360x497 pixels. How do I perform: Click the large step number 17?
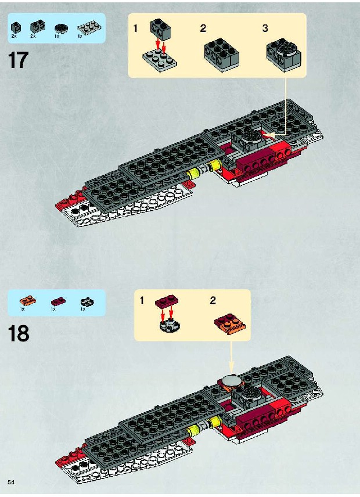pyautogui.click(x=18, y=60)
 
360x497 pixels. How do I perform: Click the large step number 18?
pyautogui.click(x=19, y=333)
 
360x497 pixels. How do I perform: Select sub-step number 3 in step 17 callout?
pyautogui.click(x=265, y=28)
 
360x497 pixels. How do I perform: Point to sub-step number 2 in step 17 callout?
pyautogui.click(x=203, y=28)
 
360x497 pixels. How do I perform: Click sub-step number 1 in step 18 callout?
pyautogui.click(x=142, y=300)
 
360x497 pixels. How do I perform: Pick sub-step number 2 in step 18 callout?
pyautogui.click(x=213, y=300)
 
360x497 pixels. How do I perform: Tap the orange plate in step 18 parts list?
pyautogui.click(x=27, y=300)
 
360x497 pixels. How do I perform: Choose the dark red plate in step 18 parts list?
pyautogui.click(x=58, y=301)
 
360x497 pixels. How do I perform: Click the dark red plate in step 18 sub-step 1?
pyautogui.click(x=167, y=301)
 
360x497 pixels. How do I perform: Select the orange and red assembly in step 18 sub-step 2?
pyautogui.click(x=231, y=323)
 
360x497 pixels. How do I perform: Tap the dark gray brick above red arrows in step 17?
pyautogui.click(x=161, y=30)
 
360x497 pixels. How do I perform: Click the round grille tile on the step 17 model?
pyautogui.click(x=252, y=135)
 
